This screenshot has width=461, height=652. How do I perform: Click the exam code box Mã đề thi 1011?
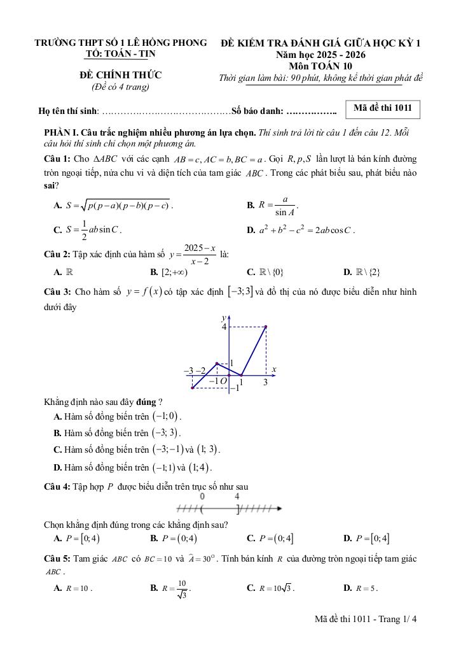(382, 109)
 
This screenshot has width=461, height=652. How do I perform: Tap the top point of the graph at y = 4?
(266, 327)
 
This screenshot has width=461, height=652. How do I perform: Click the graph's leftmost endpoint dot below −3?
(192, 387)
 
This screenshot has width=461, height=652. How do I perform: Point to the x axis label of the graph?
(273, 369)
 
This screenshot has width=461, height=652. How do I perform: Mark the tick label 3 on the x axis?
(266, 383)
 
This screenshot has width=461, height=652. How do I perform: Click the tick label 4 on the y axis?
(224, 327)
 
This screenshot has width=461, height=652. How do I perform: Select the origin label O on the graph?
(224, 381)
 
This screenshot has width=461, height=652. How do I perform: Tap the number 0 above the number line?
(202, 497)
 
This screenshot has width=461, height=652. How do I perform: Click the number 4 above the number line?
(237, 497)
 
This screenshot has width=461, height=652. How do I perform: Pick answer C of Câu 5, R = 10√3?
(270, 588)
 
